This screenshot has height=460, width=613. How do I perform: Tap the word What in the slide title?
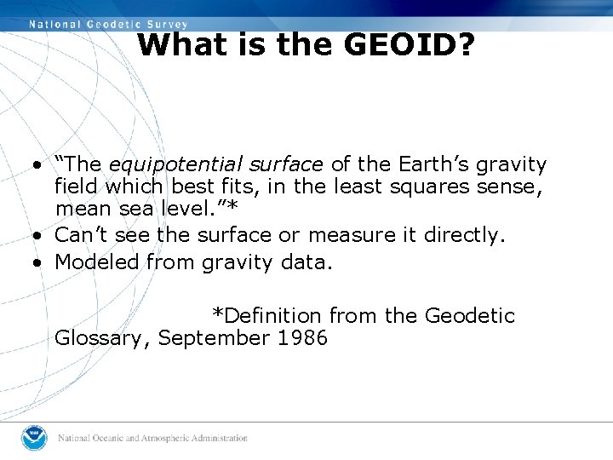tap(174, 44)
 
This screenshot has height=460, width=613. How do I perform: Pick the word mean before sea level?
tap(81, 209)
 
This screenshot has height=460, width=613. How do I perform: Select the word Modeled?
tap(97, 262)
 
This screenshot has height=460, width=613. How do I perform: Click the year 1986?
tap(302, 338)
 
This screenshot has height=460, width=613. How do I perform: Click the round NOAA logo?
tap(34, 438)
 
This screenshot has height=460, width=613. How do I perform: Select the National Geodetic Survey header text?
tap(109, 25)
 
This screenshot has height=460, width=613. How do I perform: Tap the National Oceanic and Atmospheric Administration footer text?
tap(153, 439)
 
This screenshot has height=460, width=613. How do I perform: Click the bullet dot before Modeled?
tap(38, 263)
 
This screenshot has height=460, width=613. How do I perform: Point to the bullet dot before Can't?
tap(38, 236)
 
